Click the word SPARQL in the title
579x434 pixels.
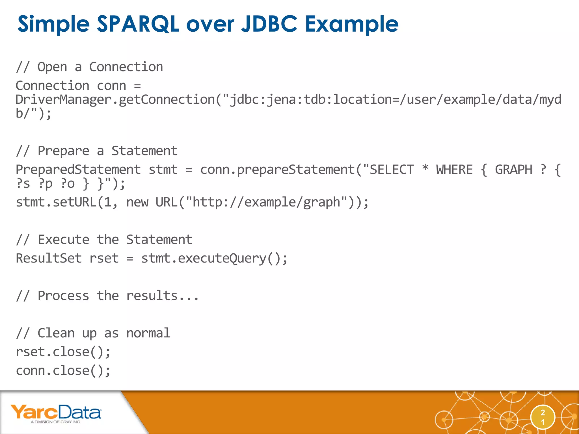pyautogui.click(x=138, y=24)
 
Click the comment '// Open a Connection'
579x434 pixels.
pyautogui.click(x=89, y=67)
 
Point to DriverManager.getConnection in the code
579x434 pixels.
pyautogui.click(x=115, y=100)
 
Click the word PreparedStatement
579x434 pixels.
pyautogui.click(x=78, y=170)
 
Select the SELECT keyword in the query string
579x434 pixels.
pyautogui.click(x=392, y=170)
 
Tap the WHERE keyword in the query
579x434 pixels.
pyautogui.click(x=454, y=170)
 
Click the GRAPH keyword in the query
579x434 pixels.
pyautogui.click(x=513, y=170)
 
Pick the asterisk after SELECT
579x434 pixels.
pyautogui.click(x=425, y=168)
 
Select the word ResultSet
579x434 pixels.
pyautogui.click(x=49, y=258)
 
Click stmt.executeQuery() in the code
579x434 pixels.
pyautogui.click(x=214, y=258)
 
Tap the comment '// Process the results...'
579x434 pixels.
pyautogui.click(x=107, y=296)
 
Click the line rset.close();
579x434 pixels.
pyautogui.click(x=63, y=352)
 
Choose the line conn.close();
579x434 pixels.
pyautogui.click(x=63, y=371)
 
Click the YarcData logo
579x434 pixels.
pyautogui.click(x=56, y=413)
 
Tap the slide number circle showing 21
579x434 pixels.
pyautogui.click(x=543, y=417)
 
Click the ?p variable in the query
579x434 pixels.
pyautogui.click(x=45, y=184)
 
